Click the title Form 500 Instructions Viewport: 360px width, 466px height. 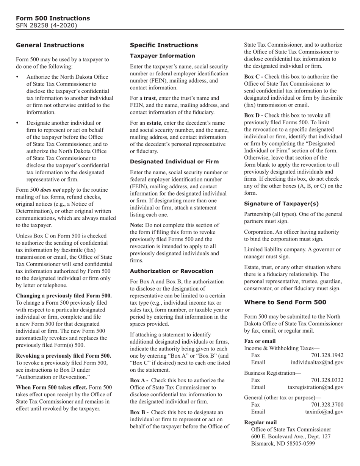pyautogui.click(x=53, y=18)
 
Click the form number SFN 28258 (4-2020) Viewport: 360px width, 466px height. pyautogui.click(x=47, y=25)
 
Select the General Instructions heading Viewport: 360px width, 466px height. pyautogui.click(x=50, y=45)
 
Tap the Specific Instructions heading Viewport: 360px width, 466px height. pyautogui.click(x=164, y=45)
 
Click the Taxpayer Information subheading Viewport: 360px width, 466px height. pyautogui.click(x=162, y=56)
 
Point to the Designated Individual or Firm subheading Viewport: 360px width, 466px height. pyautogui.click(x=174, y=161)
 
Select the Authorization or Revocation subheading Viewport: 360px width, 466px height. pyautogui.click(x=171, y=271)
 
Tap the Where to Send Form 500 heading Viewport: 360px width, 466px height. pyautogui.click(x=285, y=302)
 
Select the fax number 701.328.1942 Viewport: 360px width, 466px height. pyautogui.click(x=327, y=355)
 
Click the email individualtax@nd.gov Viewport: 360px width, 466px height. pyautogui.click(x=317, y=363)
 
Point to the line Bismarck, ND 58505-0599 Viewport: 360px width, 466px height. pyautogui.click(x=283, y=444)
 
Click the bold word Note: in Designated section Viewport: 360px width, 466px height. pyautogui.click(x=138, y=225)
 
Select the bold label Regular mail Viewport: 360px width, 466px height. pyautogui.click(x=260, y=422)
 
